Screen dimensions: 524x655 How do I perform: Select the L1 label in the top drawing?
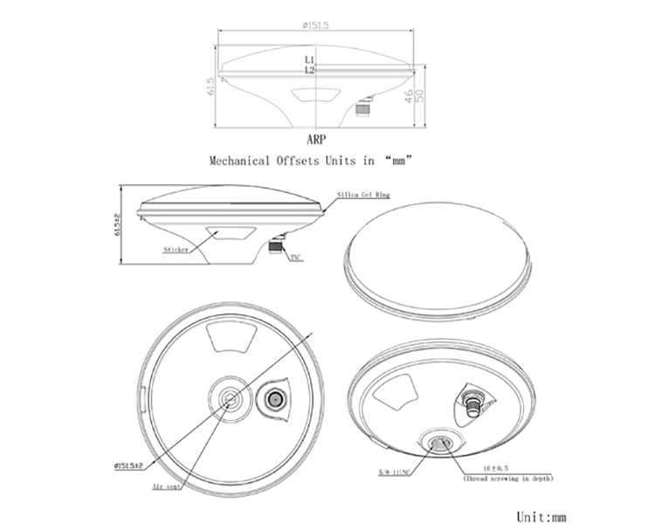310,59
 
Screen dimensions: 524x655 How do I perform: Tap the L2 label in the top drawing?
310,69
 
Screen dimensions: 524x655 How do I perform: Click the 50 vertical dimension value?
420,94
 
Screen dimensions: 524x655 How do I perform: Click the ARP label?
316,139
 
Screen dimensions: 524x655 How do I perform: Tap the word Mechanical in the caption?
240,161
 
